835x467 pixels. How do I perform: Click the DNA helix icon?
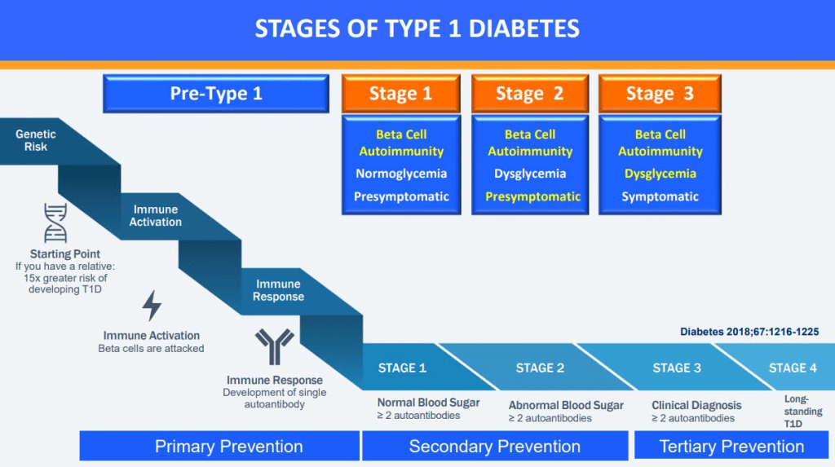56,223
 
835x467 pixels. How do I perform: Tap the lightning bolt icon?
152,306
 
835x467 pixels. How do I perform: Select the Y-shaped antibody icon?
274,347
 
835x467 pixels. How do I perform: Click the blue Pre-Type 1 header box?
216,94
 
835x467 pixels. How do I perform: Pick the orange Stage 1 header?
400,94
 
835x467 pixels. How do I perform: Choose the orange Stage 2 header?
529,94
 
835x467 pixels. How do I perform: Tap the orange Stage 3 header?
659,94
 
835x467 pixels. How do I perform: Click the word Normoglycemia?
401,174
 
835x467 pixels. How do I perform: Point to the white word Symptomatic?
660,196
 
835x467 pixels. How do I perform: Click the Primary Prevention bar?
219,446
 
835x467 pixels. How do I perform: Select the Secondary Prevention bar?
495,446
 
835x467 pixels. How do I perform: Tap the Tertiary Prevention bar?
731,446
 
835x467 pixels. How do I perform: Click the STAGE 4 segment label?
793,368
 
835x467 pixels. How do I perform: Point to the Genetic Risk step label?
36,140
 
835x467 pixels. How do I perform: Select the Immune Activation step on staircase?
156,215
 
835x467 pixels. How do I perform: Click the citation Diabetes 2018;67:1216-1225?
749,332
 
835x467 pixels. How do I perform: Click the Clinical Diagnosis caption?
696,405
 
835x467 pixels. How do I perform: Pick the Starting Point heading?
65,254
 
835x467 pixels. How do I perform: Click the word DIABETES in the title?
515,29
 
